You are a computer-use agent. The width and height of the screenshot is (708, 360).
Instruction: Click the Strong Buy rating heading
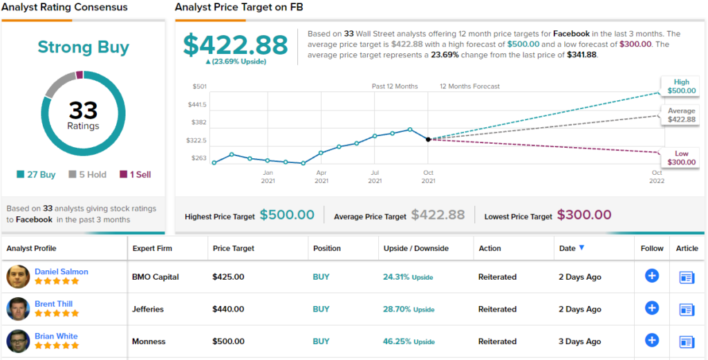click(x=83, y=47)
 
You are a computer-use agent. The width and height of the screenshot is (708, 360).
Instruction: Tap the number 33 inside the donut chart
click(x=83, y=111)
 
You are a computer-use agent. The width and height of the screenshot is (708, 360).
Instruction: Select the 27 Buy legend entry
click(x=37, y=175)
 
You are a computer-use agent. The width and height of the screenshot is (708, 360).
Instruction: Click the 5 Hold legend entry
click(x=87, y=175)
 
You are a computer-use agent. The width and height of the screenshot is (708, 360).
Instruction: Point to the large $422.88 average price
click(x=236, y=45)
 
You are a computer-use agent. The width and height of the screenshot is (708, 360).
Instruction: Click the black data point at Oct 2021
click(x=428, y=140)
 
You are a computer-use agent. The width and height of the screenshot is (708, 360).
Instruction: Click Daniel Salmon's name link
click(x=62, y=272)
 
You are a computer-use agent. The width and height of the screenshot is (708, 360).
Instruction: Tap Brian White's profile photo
click(x=18, y=341)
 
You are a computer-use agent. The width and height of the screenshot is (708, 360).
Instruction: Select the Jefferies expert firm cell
click(x=148, y=310)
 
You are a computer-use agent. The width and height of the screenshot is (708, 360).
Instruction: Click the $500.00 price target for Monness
click(x=228, y=341)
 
